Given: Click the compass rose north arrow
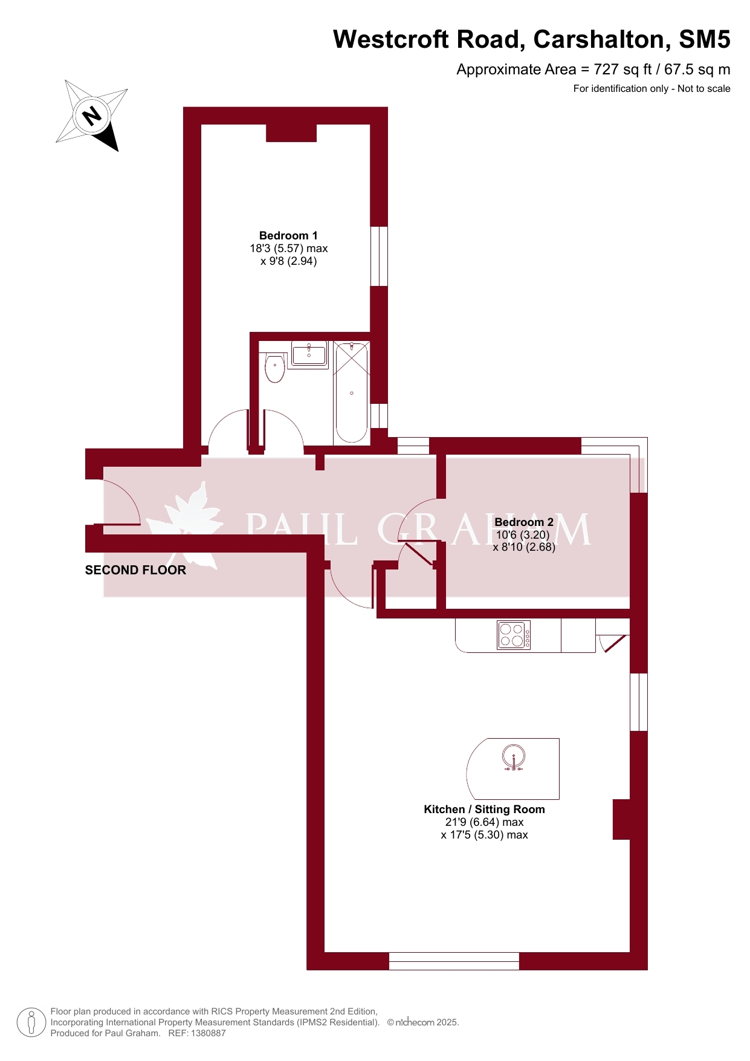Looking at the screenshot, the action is tap(92, 115).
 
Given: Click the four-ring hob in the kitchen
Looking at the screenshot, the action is tap(514, 635).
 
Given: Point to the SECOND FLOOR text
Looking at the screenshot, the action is tap(135, 570).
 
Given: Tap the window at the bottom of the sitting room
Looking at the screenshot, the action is tap(454, 961).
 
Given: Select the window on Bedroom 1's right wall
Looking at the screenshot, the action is tap(379, 256).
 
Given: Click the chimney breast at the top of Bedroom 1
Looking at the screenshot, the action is tap(291, 133).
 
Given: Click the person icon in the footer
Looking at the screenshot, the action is tap(31, 1023).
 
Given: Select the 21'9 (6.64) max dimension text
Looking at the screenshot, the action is tap(484, 822).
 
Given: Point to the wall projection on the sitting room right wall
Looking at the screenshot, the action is tap(622, 819).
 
